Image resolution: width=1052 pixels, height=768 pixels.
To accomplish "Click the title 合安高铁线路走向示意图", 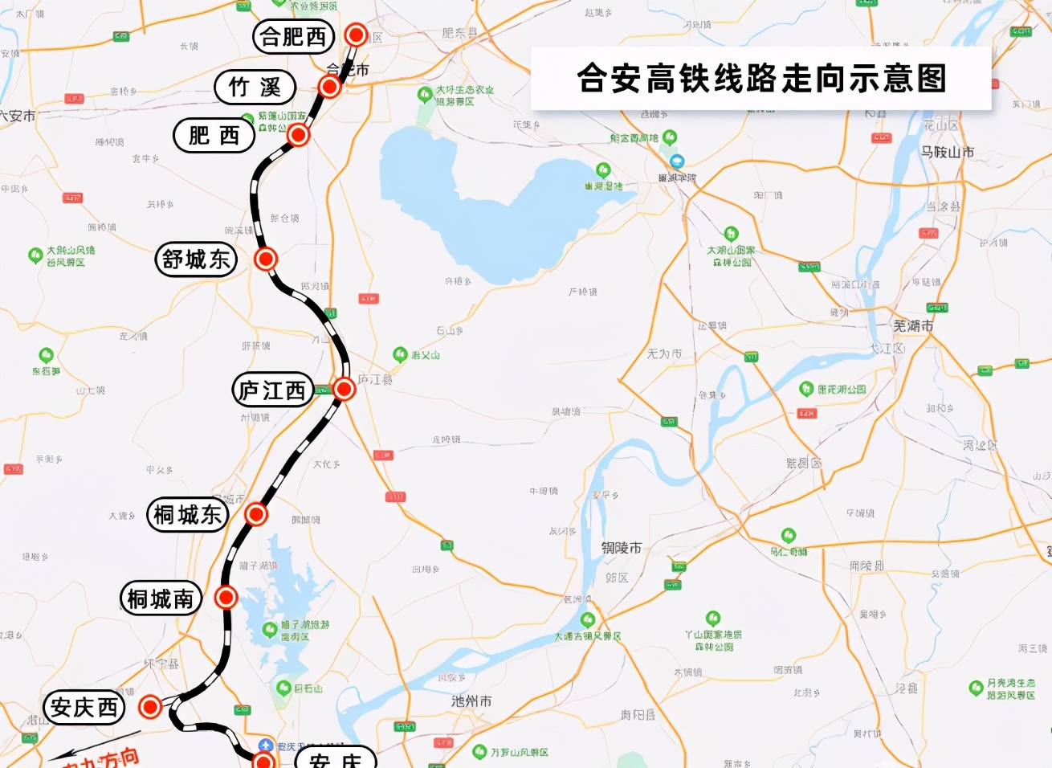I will (x=761, y=79).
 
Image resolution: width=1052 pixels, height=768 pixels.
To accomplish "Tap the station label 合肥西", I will (x=293, y=37).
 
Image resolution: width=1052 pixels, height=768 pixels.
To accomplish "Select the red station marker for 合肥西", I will (x=356, y=35).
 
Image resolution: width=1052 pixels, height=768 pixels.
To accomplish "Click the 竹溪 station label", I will (x=255, y=87).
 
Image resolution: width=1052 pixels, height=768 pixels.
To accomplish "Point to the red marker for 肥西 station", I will (x=298, y=135).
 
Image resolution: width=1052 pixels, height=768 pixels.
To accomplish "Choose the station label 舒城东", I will (x=196, y=259).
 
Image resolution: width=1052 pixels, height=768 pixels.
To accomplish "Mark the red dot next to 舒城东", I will (x=266, y=259).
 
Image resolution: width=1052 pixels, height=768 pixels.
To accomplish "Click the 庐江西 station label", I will (x=272, y=390).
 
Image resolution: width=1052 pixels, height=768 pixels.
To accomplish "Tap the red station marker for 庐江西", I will (x=344, y=389).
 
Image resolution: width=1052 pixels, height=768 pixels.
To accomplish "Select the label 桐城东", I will (x=188, y=514).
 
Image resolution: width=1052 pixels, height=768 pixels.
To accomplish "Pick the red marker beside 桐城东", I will (x=255, y=513).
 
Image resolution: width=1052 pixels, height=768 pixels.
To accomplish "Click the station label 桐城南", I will (x=161, y=598).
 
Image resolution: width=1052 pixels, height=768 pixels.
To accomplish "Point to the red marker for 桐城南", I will (x=226, y=597).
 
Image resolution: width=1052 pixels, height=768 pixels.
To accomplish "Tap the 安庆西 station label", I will (x=84, y=708).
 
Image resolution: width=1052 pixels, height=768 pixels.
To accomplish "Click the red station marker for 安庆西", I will (x=150, y=707).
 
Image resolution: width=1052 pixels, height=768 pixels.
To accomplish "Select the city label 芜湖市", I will (x=913, y=325).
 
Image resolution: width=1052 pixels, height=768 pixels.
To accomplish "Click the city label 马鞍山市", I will (x=948, y=152).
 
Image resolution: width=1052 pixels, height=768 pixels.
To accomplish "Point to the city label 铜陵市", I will (x=622, y=548).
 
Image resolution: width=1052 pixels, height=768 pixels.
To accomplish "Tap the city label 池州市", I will (x=471, y=701).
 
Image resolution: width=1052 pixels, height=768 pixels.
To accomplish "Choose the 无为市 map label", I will (x=664, y=353).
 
